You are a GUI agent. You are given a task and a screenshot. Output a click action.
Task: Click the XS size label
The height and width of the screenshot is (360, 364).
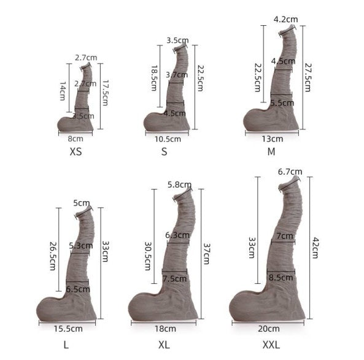[x=76, y=151]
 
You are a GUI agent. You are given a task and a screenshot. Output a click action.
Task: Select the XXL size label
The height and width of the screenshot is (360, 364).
[x=271, y=345]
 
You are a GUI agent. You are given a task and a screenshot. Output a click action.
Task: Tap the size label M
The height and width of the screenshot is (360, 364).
[x=271, y=151]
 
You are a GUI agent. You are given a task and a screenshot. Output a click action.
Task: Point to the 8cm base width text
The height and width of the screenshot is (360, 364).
[x=76, y=139]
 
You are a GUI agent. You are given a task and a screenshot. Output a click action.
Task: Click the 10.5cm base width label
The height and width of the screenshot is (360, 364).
[x=168, y=139]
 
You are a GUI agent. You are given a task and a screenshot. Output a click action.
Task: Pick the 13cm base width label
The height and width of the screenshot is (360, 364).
[x=273, y=139]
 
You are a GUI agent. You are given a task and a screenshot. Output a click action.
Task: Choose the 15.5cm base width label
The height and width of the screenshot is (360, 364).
[x=68, y=329]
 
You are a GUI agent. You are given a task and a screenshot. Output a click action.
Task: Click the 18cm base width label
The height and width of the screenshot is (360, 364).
[x=165, y=329]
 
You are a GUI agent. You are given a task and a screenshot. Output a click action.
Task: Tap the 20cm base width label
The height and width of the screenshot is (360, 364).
[x=269, y=329]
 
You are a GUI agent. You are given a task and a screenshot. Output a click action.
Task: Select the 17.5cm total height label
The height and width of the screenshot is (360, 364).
[x=106, y=93]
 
